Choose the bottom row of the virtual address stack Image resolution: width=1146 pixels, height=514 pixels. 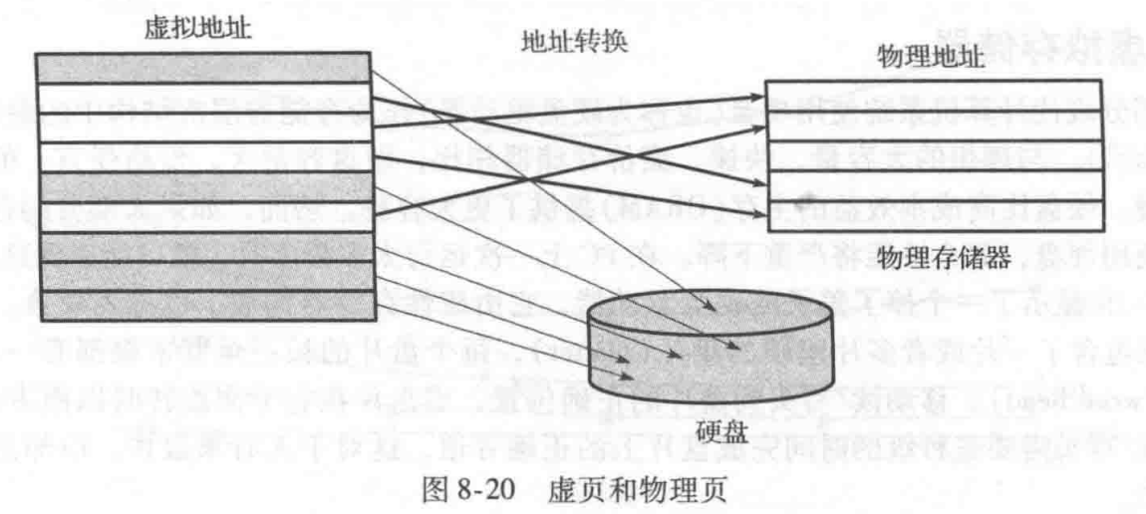click(205, 308)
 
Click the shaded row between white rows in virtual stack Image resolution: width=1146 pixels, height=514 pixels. click(205, 128)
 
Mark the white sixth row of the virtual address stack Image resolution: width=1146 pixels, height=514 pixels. click(205, 217)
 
